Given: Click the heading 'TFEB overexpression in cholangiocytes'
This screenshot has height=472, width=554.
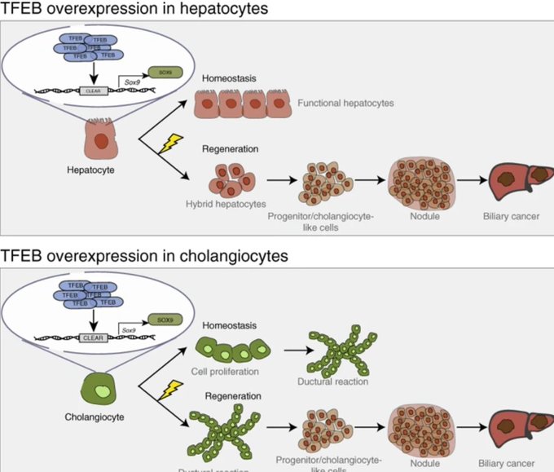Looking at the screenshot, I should pyautogui.click(x=144, y=255).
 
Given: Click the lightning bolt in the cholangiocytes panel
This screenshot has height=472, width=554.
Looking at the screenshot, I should pyautogui.click(x=169, y=390).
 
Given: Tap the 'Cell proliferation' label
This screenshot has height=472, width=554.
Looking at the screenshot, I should pyautogui.click(x=231, y=371).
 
